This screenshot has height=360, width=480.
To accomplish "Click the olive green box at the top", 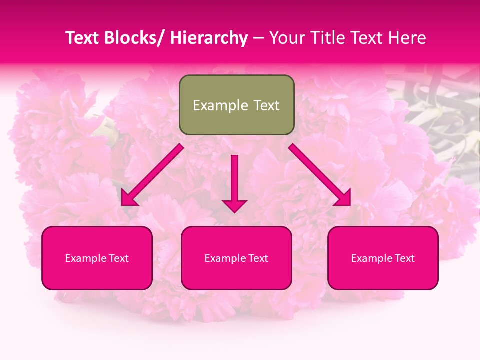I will point(236,105).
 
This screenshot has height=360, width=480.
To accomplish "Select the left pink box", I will point(97,258).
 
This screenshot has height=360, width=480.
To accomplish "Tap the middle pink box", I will point(236,258).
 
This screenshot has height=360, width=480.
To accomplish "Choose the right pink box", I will point(383,258).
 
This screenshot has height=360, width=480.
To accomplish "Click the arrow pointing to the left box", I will point(152,175).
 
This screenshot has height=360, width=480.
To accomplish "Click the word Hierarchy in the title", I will point(209,38).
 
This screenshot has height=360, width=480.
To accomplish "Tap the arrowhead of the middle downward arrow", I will point(234,205).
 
